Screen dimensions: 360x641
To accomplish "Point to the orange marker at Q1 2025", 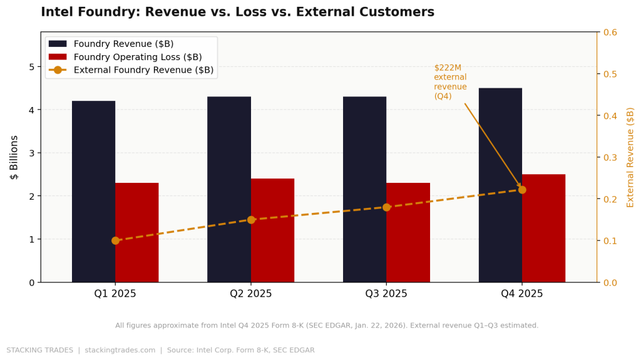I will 115,240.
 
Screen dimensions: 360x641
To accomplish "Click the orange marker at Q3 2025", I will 386,207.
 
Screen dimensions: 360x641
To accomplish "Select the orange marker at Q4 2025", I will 522,190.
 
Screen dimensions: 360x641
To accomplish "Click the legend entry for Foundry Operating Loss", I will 138,57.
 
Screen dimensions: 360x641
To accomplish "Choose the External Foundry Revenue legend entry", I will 143,70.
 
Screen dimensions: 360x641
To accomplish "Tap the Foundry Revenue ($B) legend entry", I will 123,44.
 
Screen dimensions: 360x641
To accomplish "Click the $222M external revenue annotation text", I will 450,82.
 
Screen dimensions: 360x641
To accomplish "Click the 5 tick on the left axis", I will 31,67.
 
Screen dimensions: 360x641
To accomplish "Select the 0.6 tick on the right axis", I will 611,32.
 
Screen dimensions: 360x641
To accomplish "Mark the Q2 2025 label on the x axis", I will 251,294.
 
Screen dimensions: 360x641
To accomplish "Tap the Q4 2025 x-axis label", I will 522,294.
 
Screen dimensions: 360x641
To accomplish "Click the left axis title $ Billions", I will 14,157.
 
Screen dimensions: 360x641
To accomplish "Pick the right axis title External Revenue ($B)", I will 630,157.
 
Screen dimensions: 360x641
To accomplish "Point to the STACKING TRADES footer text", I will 39,351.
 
